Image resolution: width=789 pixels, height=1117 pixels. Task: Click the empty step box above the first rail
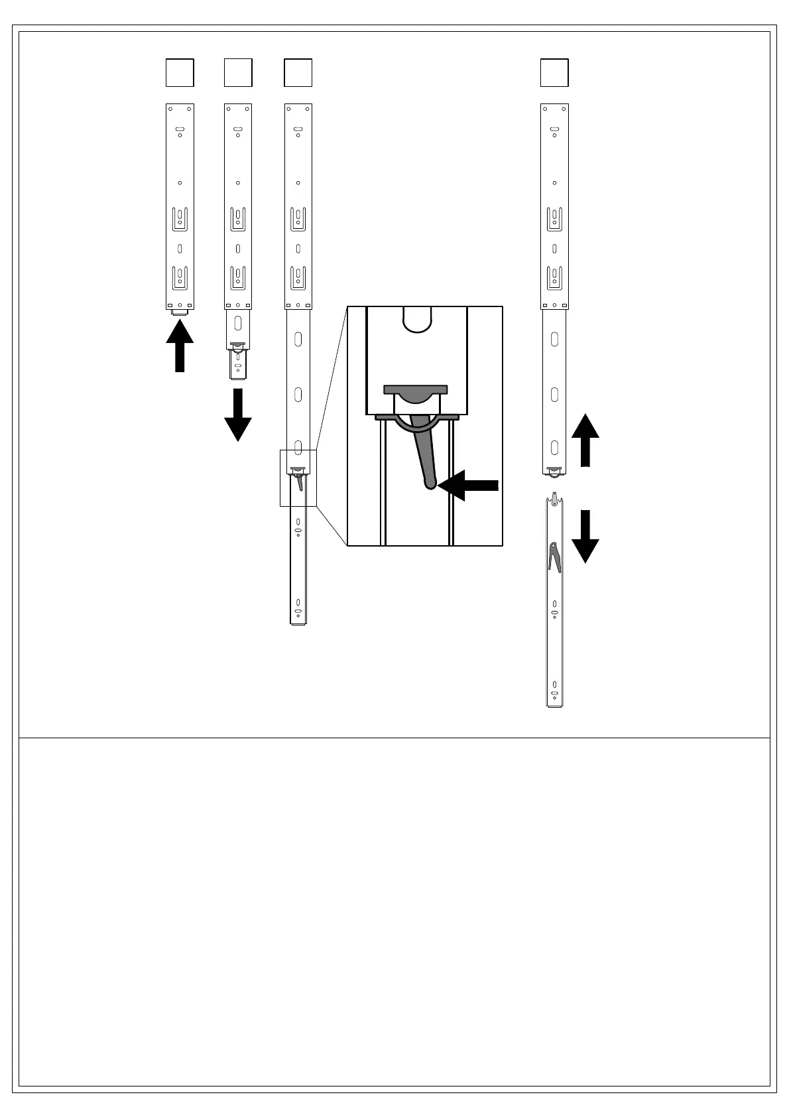[180, 73]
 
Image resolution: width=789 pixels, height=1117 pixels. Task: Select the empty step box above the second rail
[238, 73]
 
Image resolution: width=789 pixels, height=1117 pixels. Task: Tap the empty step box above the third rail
[298, 73]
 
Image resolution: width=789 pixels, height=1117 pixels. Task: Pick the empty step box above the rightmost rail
[554, 73]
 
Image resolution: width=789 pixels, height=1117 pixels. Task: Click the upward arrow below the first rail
[180, 346]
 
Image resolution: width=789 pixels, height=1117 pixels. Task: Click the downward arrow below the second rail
[238, 415]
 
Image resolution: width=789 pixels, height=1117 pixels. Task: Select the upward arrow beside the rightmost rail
[585, 439]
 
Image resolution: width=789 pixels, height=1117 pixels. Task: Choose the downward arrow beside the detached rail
[585, 536]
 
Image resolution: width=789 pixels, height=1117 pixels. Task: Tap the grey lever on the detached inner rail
[554, 557]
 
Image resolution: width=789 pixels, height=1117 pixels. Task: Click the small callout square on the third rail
[298, 478]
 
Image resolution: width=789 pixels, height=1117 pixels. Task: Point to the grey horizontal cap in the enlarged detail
[416, 389]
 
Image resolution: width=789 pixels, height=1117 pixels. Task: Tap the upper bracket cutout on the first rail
[180, 219]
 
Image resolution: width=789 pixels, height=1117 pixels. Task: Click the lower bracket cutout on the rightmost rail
[554, 278]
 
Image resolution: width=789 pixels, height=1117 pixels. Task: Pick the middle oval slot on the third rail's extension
[298, 395]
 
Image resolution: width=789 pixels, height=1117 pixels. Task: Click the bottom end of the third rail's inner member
[298, 621]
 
